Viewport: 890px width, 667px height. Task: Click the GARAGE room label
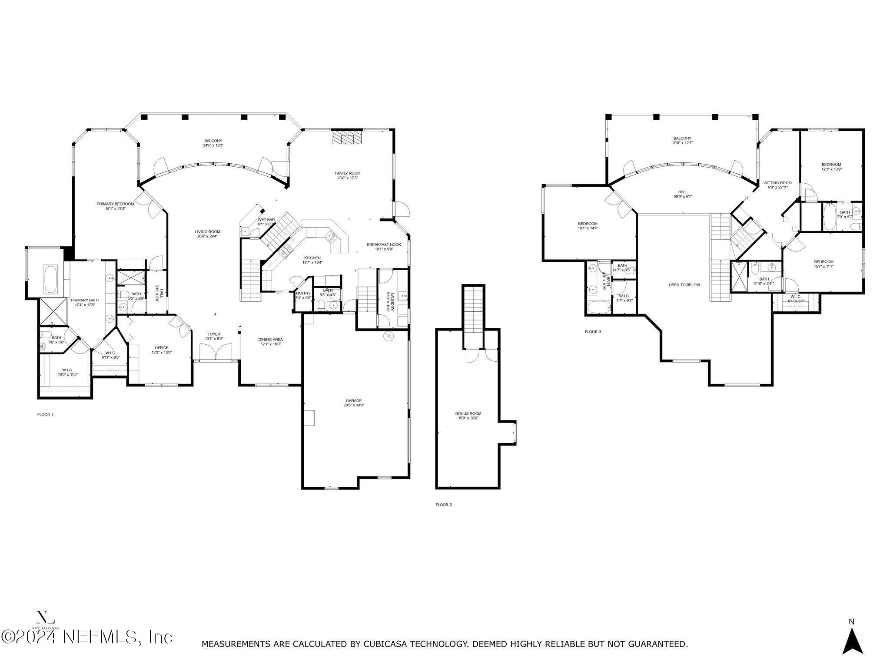pyautogui.click(x=353, y=401)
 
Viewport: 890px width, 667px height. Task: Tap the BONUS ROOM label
pyautogui.click(x=468, y=413)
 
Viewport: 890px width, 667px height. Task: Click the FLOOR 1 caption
pyautogui.click(x=45, y=415)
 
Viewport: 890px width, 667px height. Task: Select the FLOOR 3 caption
pyautogui.click(x=593, y=332)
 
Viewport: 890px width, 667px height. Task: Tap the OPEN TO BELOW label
pyautogui.click(x=684, y=285)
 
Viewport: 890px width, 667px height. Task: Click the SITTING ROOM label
pyautogui.click(x=777, y=183)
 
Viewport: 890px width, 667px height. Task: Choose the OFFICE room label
pyautogui.click(x=161, y=347)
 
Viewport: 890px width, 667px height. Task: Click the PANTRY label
pyautogui.click(x=303, y=293)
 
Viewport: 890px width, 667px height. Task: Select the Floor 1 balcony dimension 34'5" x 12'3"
pyautogui.click(x=213, y=145)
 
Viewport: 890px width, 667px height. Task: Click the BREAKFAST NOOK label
pyautogui.click(x=384, y=244)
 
